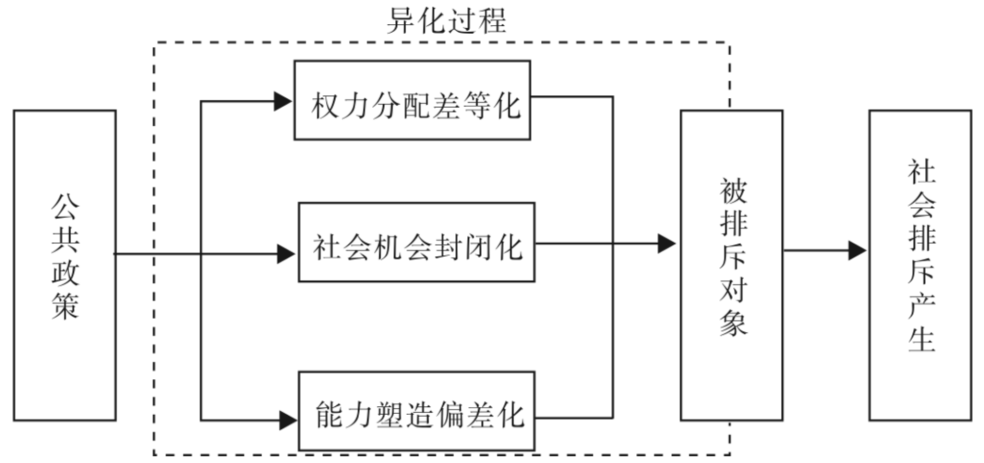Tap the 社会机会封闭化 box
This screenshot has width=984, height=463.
[416, 242]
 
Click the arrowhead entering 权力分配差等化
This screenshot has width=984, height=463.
[284, 100]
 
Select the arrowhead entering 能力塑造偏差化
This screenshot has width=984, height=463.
[284, 418]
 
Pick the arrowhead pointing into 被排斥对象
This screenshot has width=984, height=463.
[667, 243]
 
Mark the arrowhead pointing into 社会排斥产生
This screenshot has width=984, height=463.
[856, 253]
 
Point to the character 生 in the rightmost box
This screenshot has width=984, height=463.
[921, 338]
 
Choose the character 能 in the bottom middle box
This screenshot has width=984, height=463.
[328, 415]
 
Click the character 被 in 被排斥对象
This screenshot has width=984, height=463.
[732, 184]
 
